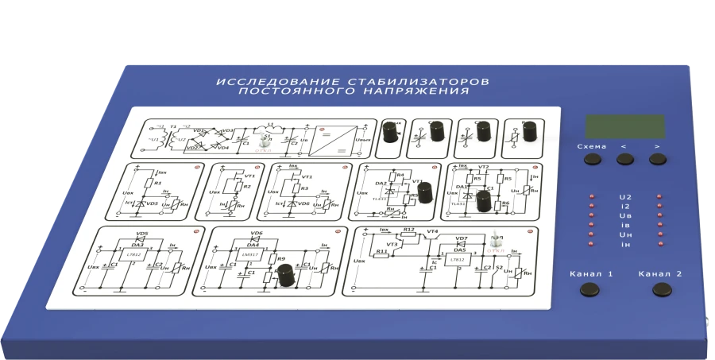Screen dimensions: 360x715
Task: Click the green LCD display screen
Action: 625,126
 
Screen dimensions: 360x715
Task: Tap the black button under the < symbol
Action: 625,159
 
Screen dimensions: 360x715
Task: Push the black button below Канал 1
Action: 589,290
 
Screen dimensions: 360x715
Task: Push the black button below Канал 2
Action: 661,290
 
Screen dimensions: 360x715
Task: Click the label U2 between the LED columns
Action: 624,196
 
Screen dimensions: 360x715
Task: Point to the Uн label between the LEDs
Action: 624,234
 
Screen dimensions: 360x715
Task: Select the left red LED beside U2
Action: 591,196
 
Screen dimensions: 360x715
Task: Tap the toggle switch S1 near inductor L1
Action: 264,140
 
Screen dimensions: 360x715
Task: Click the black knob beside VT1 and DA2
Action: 424,192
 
